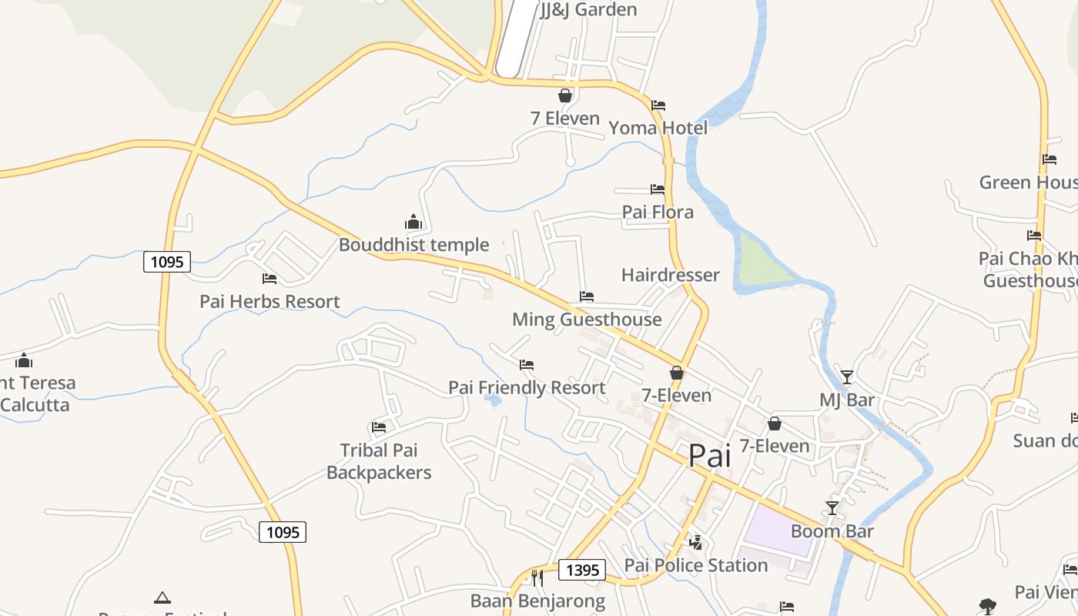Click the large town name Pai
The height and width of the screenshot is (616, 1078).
(x=709, y=456)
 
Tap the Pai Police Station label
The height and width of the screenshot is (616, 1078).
(x=696, y=565)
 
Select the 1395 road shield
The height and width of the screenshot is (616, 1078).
(x=581, y=570)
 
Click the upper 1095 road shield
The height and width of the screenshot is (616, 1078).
(x=167, y=262)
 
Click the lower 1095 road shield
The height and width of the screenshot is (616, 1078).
(x=283, y=531)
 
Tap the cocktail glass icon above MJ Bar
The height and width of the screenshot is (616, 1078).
(x=847, y=377)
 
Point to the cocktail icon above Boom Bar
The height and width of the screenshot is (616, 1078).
(x=832, y=508)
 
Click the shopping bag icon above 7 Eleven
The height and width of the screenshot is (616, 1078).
(x=565, y=95)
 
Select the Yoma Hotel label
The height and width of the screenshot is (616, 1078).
(x=658, y=128)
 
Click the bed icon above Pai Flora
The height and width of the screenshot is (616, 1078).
(x=658, y=189)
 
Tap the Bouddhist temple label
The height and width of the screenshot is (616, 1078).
(x=414, y=245)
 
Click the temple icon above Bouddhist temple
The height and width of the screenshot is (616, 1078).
(x=413, y=223)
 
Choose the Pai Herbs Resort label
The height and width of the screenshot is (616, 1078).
(x=269, y=301)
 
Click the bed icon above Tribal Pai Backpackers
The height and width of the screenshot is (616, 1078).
(x=379, y=427)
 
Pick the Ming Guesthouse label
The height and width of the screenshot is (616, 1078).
(x=587, y=319)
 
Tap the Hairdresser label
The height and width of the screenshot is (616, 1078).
(x=670, y=275)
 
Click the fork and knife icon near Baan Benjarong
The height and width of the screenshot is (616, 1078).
(x=537, y=577)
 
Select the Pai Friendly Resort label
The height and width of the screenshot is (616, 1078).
(x=527, y=387)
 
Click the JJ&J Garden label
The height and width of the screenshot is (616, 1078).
(x=588, y=10)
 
